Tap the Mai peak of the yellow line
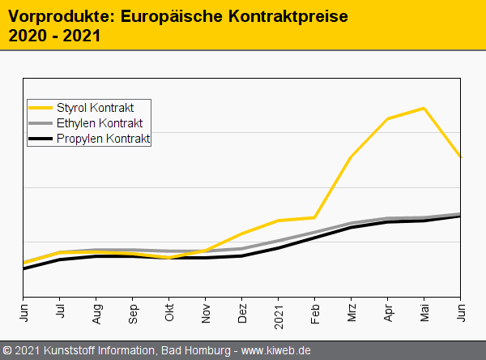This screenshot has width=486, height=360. (424, 108)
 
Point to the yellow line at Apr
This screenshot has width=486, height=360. (388, 118)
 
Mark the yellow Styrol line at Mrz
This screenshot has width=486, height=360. (351, 156)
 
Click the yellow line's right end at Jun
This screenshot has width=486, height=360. (460, 156)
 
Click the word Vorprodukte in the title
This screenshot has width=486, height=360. (53, 15)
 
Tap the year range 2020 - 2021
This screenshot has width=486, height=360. (53, 36)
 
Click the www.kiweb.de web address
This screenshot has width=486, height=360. (276, 351)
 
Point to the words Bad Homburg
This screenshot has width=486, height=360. (192, 351)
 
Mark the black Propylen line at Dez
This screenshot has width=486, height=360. (242, 255)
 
